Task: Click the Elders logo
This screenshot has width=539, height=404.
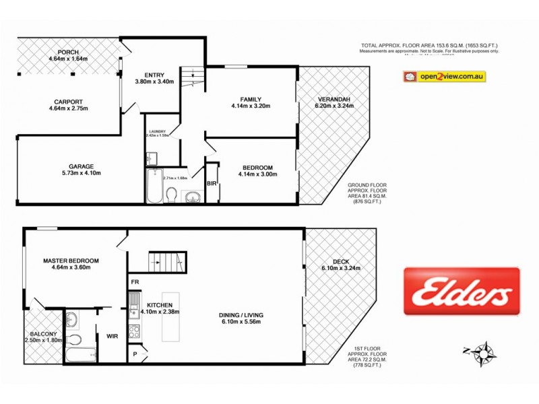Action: [462, 291]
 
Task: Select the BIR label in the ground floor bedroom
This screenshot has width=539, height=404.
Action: [212, 182]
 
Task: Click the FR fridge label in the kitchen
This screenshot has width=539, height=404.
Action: [135, 282]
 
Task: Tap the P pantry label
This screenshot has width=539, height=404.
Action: [135, 353]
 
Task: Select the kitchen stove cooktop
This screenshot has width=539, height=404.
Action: [133, 331]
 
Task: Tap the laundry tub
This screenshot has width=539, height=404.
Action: [152, 158]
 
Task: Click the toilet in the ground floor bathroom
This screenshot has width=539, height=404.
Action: [171, 195]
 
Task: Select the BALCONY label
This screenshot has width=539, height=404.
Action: [42, 334]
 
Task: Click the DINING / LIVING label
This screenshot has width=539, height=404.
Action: [241, 314]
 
